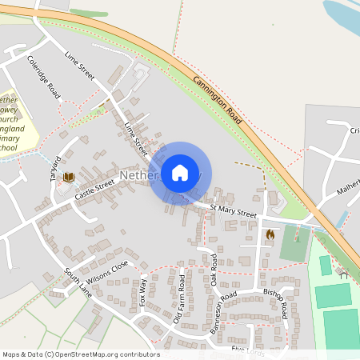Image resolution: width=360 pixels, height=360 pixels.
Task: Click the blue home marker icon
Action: point(180,173)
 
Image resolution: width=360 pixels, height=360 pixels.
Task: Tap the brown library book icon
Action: point(69,177)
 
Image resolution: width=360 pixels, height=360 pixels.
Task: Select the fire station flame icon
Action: point(270,235)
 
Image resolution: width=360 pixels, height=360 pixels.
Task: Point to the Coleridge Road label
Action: point(43,77)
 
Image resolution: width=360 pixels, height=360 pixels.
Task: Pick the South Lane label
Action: point(79,282)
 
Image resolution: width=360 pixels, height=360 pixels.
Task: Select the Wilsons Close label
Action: point(108,268)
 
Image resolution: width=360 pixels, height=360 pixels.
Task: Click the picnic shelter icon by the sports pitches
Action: point(342,273)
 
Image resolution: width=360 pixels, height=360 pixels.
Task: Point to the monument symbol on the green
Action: point(297,237)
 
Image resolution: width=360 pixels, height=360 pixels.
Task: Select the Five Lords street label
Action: point(248,350)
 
